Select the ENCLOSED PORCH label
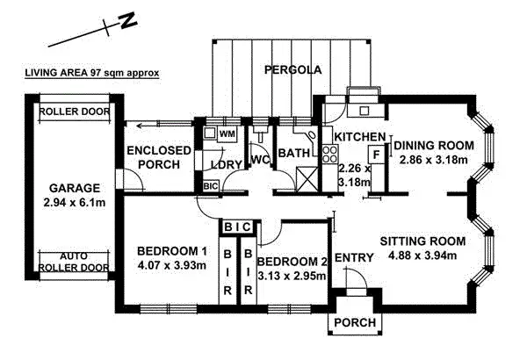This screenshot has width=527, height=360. tap(159, 159)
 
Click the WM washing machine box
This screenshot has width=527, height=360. tap(227, 134)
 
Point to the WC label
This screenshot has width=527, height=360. tap(260, 161)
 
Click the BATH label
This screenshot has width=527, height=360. tap(291, 155)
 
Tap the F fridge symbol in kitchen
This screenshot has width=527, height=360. tap(375, 155)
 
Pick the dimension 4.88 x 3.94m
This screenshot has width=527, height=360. tap(429, 256)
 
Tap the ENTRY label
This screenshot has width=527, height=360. tap(354, 256)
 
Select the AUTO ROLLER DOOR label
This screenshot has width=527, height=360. tap(74, 261)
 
